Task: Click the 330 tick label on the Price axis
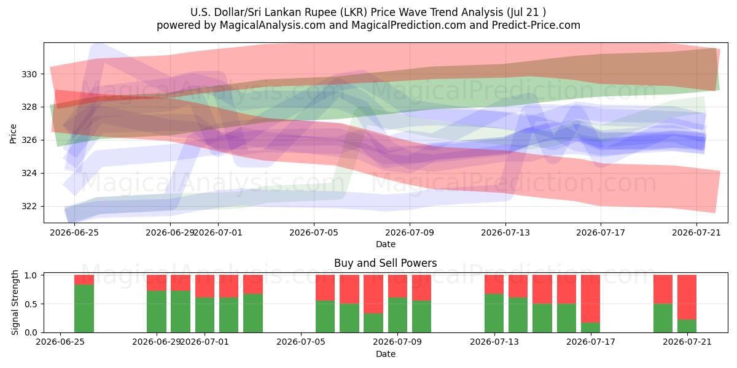(29, 74)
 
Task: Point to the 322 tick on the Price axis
(29, 206)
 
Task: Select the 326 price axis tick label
(29, 140)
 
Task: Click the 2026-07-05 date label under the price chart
(314, 232)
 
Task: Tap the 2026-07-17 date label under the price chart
(601, 232)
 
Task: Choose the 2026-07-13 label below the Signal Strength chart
(494, 342)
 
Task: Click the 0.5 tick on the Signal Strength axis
(31, 304)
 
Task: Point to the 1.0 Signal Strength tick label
(31, 275)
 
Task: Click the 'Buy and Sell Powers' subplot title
(385, 263)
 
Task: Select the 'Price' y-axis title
(13, 134)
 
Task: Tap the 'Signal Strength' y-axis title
(15, 302)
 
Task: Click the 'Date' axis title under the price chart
(386, 244)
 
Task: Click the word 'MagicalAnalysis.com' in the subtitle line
(273, 25)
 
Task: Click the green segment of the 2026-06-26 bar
(84, 309)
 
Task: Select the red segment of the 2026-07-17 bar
(590, 299)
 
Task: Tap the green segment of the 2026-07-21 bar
(687, 326)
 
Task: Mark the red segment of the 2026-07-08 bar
(373, 294)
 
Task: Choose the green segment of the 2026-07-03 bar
(253, 313)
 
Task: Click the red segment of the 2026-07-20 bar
(663, 289)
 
